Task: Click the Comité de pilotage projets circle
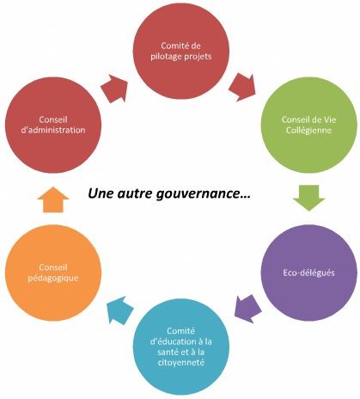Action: click(x=181, y=51)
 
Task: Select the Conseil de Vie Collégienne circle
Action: click(x=308, y=125)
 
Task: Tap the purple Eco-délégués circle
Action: click(x=308, y=273)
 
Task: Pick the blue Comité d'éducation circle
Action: click(x=181, y=347)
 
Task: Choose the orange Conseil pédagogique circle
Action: click(x=53, y=273)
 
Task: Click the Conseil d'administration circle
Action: click(x=53, y=125)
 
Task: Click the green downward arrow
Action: click(x=308, y=198)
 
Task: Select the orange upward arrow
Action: click(x=53, y=199)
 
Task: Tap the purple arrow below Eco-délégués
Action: click(x=247, y=309)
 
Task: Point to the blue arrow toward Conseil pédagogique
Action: click(x=119, y=310)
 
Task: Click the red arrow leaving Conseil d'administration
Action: click(x=114, y=89)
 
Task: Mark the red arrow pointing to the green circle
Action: click(x=242, y=88)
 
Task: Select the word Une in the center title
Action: click(x=100, y=193)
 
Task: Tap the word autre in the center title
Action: click(x=134, y=194)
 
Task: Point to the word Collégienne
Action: click(x=308, y=131)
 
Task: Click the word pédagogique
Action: click(x=53, y=279)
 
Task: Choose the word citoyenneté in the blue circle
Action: click(x=181, y=363)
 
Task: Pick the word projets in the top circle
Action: click(x=198, y=57)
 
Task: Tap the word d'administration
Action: click(x=53, y=130)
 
